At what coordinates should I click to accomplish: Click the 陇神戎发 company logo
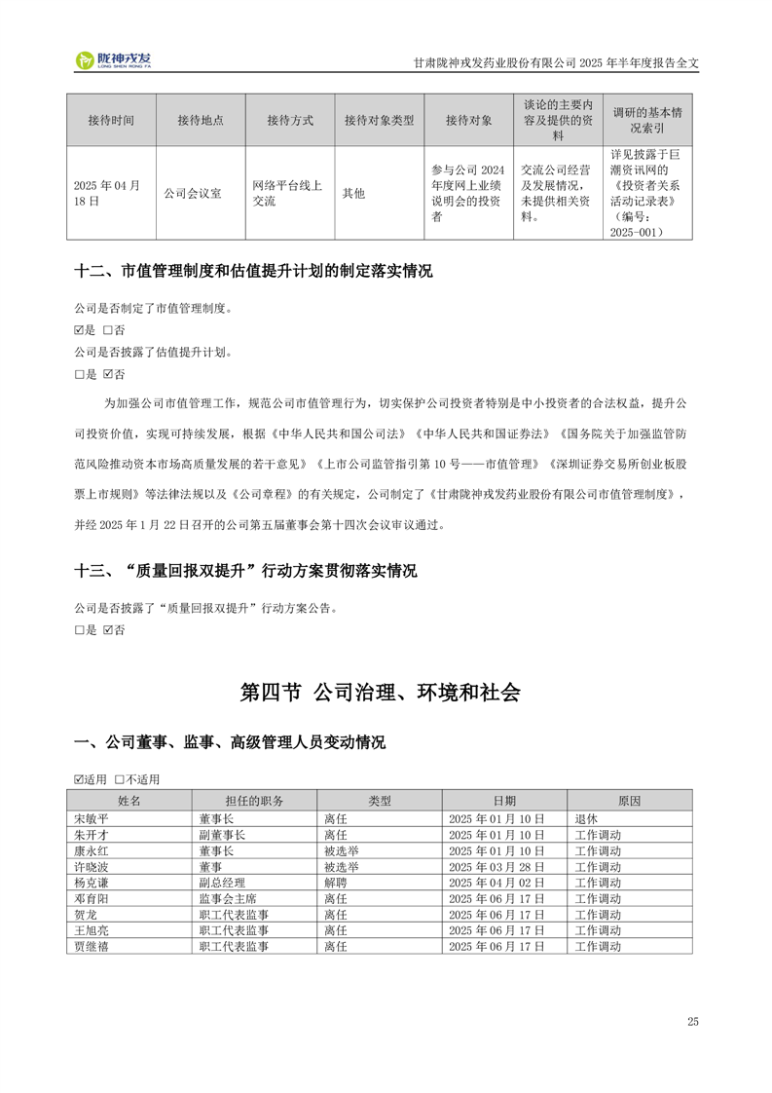coord(114,60)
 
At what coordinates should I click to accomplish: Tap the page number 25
coord(693,1021)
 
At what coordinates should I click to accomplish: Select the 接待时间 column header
coord(111,120)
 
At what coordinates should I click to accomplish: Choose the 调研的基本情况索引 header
coord(647,120)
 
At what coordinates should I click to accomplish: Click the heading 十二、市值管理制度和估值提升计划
coord(253,272)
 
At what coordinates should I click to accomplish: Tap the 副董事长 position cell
coord(222,835)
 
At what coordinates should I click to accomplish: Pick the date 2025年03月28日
coord(496,867)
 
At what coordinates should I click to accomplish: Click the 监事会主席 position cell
coord(228,898)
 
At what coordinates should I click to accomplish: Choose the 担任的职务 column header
coord(253,801)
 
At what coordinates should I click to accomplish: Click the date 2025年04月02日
coord(496,883)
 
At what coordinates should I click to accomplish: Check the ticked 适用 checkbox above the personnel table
coord(80,779)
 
